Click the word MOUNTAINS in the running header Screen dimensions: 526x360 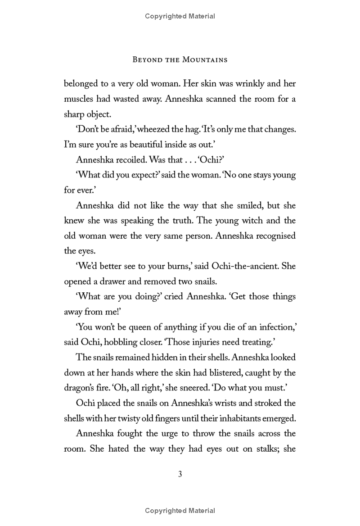pyautogui.click(x=203, y=59)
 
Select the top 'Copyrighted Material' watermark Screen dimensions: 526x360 pyautogui.click(x=180, y=16)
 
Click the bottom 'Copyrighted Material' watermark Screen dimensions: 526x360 pyautogui.click(x=180, y=511)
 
